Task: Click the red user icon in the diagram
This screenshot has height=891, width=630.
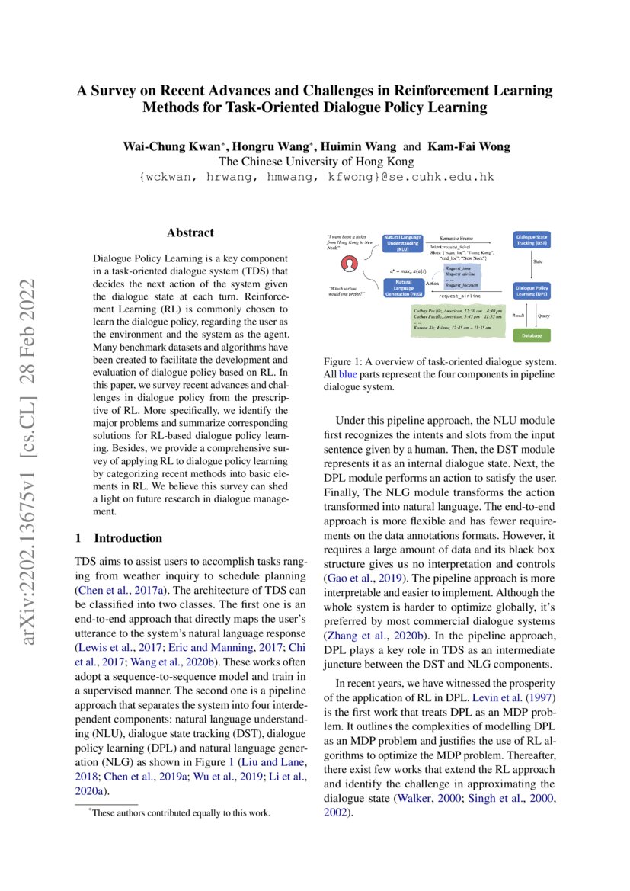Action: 350,264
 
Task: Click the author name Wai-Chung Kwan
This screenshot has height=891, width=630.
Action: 166,146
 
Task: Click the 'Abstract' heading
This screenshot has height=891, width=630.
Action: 190,233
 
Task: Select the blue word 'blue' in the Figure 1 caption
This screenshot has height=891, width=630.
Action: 347,373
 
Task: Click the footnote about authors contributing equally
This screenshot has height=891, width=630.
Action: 180,812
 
